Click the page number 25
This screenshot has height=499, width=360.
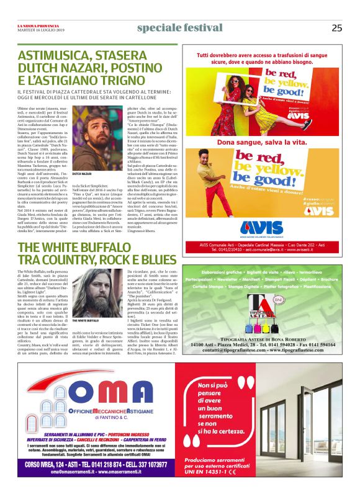(x=336, y=28)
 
